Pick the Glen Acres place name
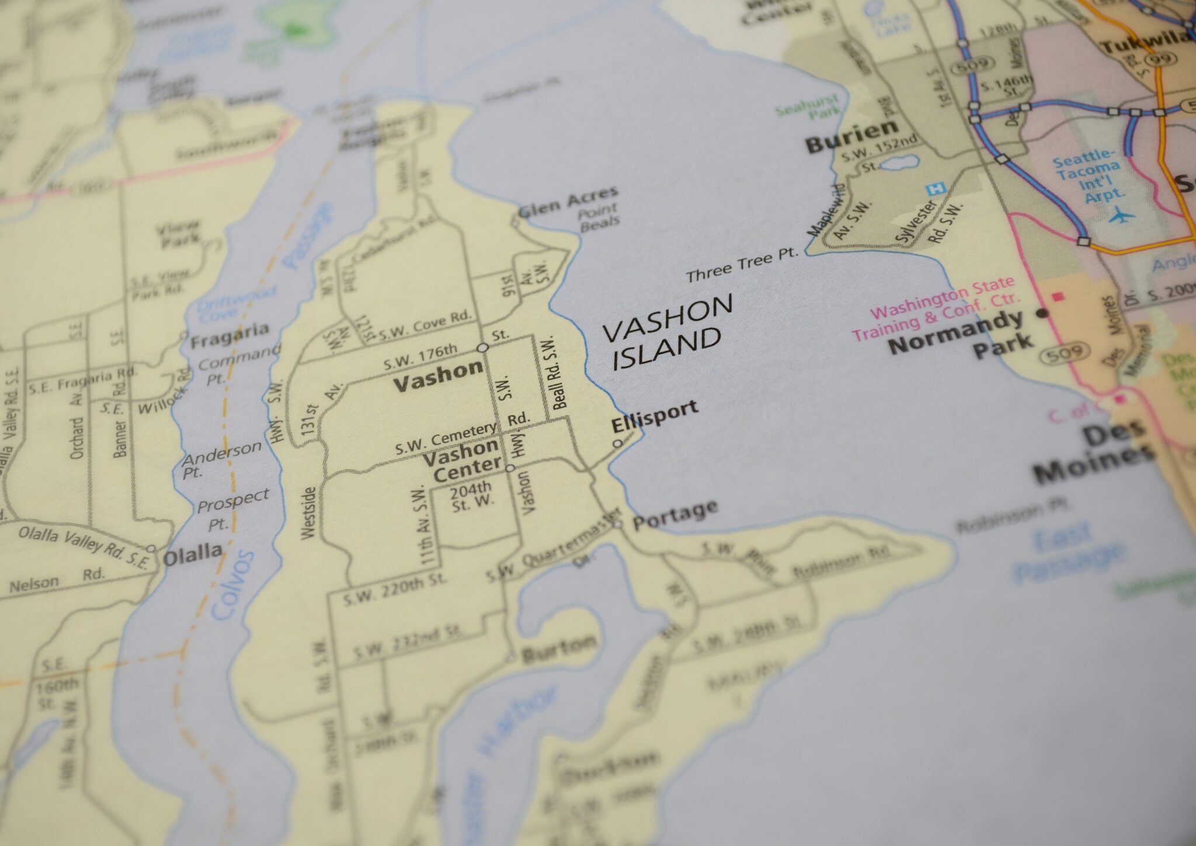point(568,202)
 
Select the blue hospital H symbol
point(936,189)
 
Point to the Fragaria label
point(230,335)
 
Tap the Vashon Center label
point(462,460)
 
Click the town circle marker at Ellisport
point(617,443)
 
